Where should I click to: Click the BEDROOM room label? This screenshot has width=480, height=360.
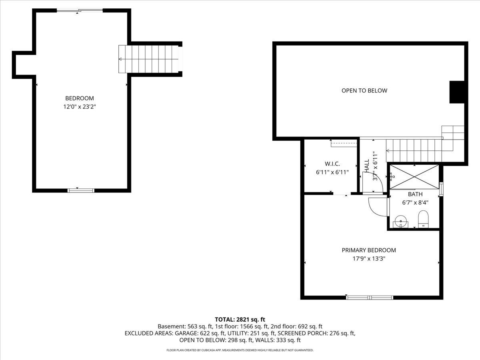pyautogui.click(x=80, y=98)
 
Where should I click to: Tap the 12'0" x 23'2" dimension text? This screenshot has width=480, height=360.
pyautogui.click(x=80, y=107)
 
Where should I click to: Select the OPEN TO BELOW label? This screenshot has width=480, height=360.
pyautogui.click(x=364, y=90)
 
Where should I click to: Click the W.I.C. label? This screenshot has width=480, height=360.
pyautogui.click(x=332, y=163)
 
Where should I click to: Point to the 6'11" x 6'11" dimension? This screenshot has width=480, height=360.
pyautogui.click(x=332, y=172)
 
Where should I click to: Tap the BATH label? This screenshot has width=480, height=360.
pyautogui.click(x=415, y=194)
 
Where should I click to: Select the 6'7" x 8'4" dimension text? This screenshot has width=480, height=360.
pyautogui.click(x=415, y=202)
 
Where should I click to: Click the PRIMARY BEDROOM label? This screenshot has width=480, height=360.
pyautogui.click(x=368, y=250)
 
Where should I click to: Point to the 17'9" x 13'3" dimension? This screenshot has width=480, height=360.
pyautogui.click(x=368, y=258)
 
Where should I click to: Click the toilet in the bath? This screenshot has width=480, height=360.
pyautogui.click(x=423, y=219)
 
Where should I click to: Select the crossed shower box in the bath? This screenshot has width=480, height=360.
pyautogui.click(x=414, y=176)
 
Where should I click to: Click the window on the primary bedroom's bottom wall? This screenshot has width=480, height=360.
pyautogui.click(x=370, y=297)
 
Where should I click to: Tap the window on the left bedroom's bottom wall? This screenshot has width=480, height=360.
pyautogui.click(x=81, y=190)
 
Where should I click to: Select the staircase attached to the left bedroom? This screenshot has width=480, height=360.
pyautogui.click(x=150, y=59)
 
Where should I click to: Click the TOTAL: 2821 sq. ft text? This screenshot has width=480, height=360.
pyautogui.click(x=240, y=319)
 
